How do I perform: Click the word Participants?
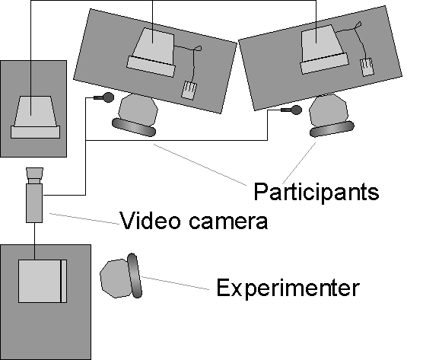pos(316,192)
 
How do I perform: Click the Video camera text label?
pos(194,221)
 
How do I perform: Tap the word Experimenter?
pos(288,288)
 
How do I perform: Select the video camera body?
pos(34,203)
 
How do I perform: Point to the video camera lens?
pos(34,176)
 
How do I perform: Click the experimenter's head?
pos(114,279)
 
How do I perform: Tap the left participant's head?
pos(138,110)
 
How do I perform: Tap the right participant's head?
pos(329,110)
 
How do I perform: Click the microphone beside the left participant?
pos(104,97)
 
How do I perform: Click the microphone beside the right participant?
pos(291,110)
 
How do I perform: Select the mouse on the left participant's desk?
pos(189,91)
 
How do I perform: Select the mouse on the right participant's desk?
pos(367,67)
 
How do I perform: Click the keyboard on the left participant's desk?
pos(151,66)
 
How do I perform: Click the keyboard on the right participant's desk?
pos(325,63)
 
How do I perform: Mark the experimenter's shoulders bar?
pos(134,276)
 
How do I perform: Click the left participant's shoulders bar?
pos(134,127)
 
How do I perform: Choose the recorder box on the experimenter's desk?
pos(43,281)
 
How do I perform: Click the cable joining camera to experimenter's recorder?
pos(34,241)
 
